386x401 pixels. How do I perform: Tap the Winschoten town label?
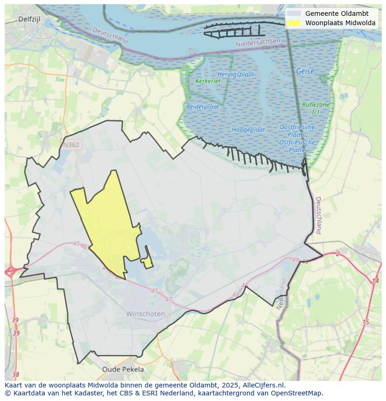145,314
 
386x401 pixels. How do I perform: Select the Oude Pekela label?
123,369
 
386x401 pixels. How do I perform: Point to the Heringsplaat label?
235,75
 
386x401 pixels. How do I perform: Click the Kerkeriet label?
208,81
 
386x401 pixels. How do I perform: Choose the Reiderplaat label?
203,107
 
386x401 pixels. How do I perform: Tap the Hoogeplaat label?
248,129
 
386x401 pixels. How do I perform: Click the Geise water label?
305,72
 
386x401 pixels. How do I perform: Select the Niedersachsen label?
258,42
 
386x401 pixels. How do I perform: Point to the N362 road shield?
71,145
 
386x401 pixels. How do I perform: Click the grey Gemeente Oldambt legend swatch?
294,14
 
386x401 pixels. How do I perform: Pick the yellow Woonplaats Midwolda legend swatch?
294,23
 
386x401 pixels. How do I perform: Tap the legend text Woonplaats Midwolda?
340,23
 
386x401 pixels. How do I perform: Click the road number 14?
375,281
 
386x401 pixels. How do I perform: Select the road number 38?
16,374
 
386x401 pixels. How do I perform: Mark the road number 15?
365,322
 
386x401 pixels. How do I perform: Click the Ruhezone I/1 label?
316,109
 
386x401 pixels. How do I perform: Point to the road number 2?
338,254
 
